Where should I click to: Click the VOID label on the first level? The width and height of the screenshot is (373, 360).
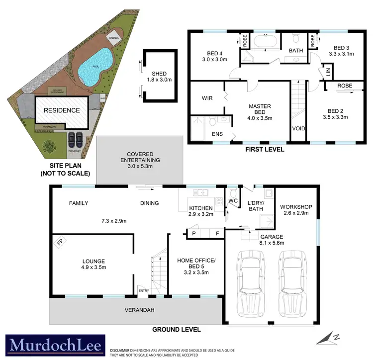click(298, 128)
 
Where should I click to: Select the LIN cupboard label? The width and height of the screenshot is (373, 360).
click(328, 71)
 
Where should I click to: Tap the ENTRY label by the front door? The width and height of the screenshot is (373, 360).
click(143, 291)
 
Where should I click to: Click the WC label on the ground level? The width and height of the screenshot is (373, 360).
click(232, 201)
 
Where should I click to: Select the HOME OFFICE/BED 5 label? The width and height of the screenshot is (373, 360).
click(196, 264)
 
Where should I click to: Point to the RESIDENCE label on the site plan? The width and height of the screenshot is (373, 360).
click(62, 110)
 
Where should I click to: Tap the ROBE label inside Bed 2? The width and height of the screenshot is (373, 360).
click(344, 86)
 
